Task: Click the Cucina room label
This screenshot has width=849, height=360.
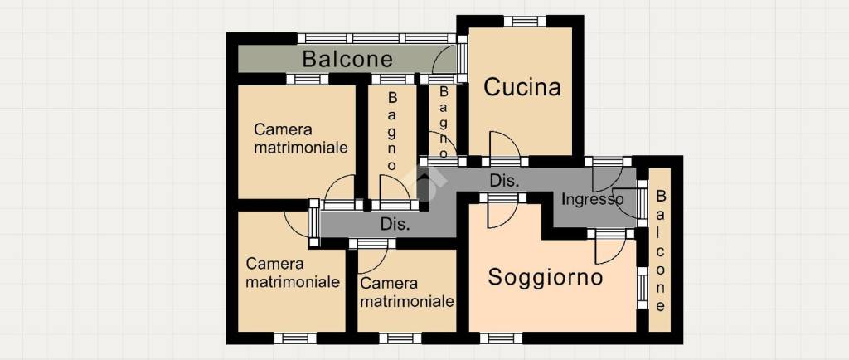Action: click(522, 87)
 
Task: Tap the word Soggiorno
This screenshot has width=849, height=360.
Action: click(545, 277)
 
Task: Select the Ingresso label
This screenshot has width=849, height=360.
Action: click(592, 199)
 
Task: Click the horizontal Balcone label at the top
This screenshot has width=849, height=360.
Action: click(347, 59)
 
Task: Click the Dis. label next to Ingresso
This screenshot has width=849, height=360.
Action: click(505, 180)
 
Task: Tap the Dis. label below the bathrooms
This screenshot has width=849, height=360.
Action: click(395, 224)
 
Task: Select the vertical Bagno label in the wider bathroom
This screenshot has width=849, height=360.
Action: click(392, 129)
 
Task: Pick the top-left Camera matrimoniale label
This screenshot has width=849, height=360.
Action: click(300, 139)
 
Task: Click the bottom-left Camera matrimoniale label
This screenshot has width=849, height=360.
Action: click(293, 273)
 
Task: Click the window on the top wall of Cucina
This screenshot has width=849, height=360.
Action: click(524, 21)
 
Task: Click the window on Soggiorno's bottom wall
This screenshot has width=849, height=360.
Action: click(501, 338)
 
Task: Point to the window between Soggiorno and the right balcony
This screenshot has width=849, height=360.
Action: click(641, 287)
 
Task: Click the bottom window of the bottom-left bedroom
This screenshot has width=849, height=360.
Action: click(295, 338)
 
